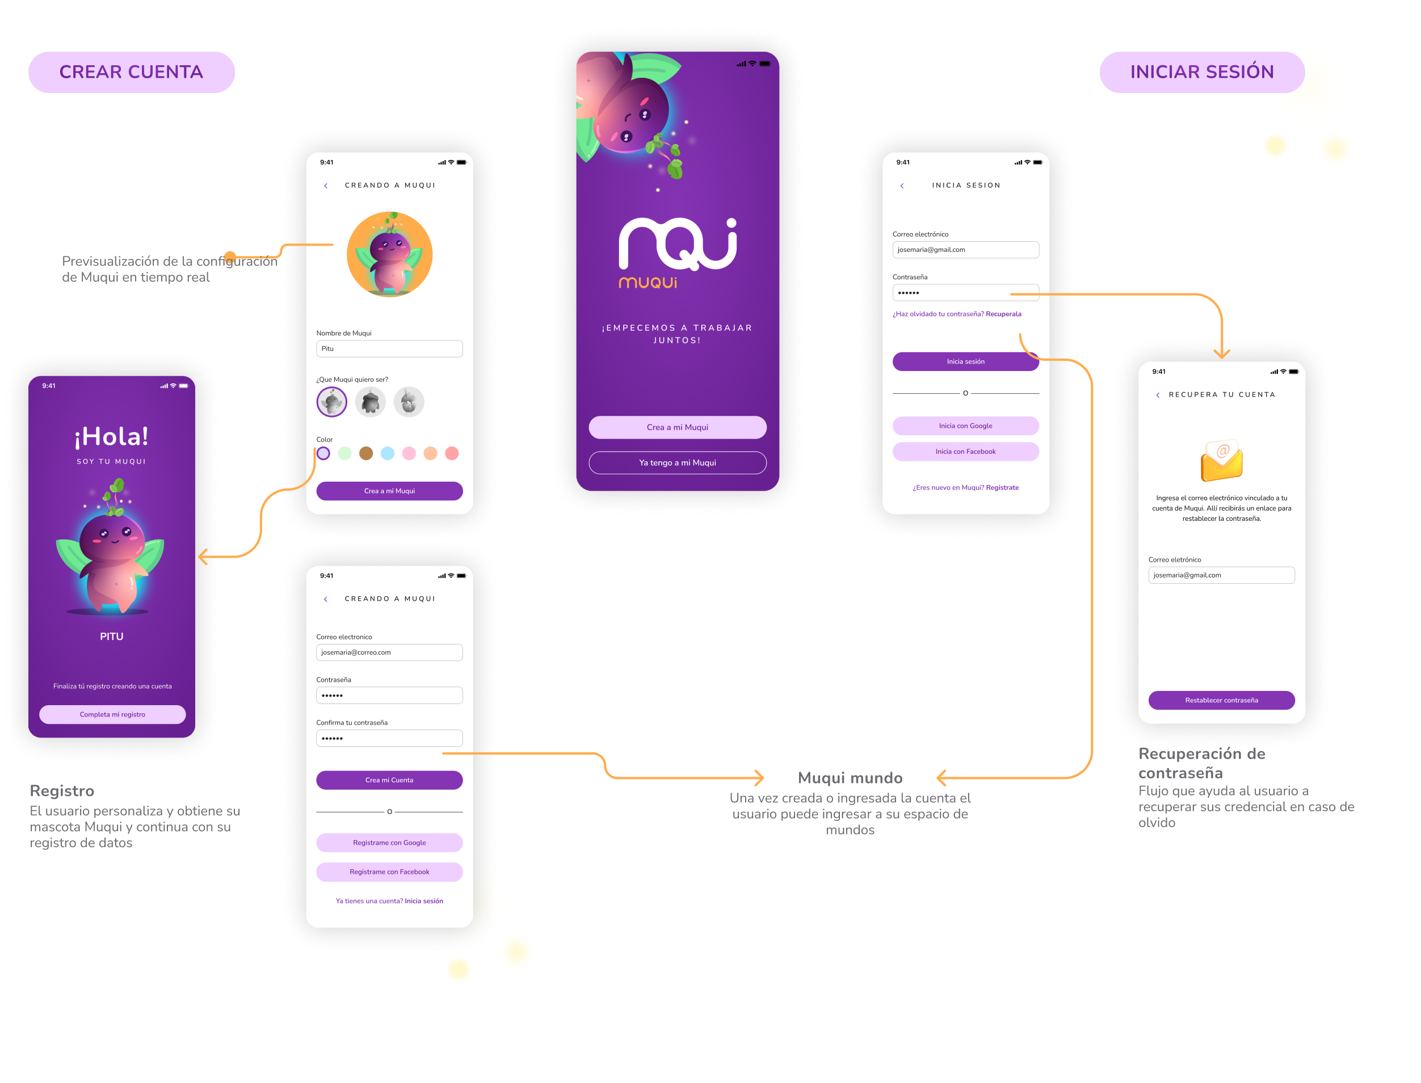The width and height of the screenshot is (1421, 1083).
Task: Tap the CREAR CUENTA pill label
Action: pyautogui.click(x=132, y=72)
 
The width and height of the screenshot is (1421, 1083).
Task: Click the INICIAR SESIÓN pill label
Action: pyautogui.click(x=1202, y=72)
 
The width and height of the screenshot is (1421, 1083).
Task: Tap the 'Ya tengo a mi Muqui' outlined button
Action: pyautogui.click(x=677, y=463)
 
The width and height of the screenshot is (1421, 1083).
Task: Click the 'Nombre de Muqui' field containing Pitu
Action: pyautogui.click(x=389, y=349)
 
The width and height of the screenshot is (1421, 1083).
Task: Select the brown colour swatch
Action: pyautogui.click(x=366, y=454)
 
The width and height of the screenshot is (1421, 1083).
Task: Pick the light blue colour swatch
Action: pyautogui.click(x=388, y=454)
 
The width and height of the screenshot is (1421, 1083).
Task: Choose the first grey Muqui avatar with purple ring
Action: pyautogui.click(x=332, y=402)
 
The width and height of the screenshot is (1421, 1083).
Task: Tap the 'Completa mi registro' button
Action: pyautogui.click(x=112, y=714)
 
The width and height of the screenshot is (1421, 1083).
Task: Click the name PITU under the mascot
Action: pyautogui.click(x=112, y=637)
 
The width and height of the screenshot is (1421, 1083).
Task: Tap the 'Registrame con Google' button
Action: pyautogui.click(x=389, y=842)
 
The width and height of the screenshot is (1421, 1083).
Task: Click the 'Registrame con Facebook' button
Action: pyautogui.click(x=389, y=871)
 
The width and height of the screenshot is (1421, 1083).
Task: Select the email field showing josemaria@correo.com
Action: pyautogui.click(x=389, y=652)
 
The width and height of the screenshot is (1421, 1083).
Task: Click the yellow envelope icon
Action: pyautogui.click(x=1221, y=461)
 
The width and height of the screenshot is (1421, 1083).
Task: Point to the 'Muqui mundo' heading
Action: pyautogui.click(x=850, y=778)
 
